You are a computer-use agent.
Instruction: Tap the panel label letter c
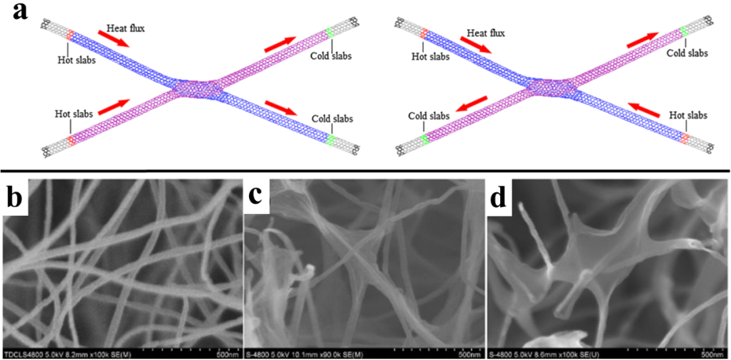(256, 195)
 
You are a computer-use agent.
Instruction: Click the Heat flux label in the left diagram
(127, 28)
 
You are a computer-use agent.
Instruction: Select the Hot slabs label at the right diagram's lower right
(688, 116)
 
